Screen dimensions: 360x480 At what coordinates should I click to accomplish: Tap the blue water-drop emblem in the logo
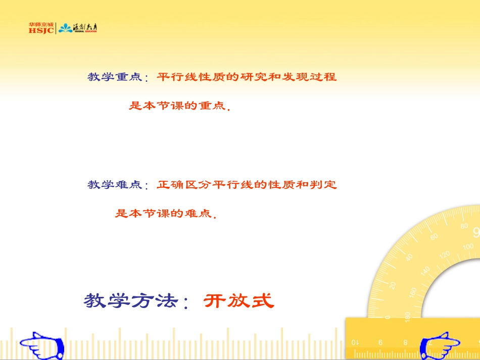coord(65,28)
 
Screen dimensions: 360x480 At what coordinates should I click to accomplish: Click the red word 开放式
coord(238,301)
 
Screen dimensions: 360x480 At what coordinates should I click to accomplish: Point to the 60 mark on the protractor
coord(434,236)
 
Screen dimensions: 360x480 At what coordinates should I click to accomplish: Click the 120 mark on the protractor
coord(445,255)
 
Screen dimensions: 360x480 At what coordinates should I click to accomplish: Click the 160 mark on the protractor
coord(414,292)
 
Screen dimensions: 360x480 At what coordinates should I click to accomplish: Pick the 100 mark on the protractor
coord(468,246)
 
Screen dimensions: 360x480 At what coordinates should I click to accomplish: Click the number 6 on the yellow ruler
coord(380,342)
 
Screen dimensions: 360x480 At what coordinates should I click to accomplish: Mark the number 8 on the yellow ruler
coord(405,342)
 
